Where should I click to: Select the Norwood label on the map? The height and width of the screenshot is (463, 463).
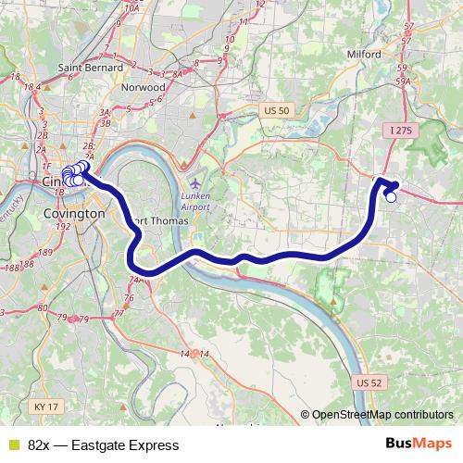point(144,87)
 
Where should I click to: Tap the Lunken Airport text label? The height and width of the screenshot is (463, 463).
point(195,201)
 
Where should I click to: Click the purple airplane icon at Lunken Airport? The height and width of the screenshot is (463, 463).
point(194,181)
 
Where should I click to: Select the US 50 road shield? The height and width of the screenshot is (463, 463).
point(277,110)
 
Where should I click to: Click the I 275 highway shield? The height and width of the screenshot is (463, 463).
point(401,131)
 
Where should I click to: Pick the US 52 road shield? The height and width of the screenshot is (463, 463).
point(368,382)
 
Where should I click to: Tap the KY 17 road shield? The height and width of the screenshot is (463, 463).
point(44,406)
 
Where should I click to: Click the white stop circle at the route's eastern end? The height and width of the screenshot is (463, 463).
point(391,196)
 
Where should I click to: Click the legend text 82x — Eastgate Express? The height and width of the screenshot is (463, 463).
point(103,445)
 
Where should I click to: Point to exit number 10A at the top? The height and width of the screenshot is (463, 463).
point(131,7)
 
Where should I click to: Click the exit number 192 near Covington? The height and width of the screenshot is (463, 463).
point(63,225)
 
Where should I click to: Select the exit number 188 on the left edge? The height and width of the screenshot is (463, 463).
point(12,267)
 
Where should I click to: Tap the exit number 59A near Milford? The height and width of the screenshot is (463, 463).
point(403,81)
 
